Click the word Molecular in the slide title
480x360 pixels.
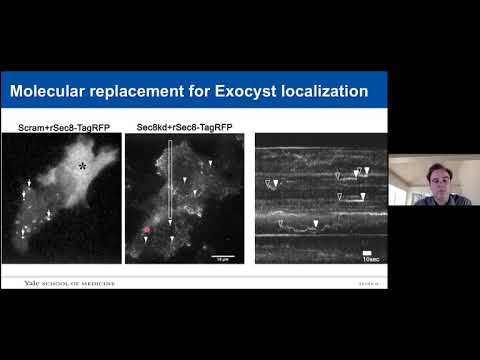coord(46,92)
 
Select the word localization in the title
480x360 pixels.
coord(322,92)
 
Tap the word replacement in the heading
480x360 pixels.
coord(139,92)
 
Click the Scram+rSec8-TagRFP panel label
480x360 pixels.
coord(61,127)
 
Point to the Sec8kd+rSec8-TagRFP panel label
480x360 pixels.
coord(182,127)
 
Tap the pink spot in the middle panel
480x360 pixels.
coord(148,230)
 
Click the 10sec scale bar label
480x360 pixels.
coord(371,258)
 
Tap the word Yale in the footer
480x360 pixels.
coord(33,283)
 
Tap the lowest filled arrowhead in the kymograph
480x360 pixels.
coord(317,223)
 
